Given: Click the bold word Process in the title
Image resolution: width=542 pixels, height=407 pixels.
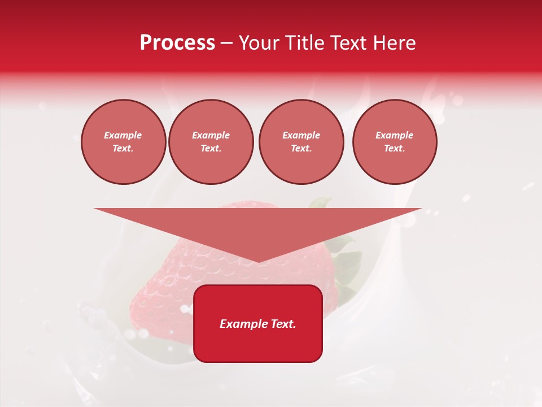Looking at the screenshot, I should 177,43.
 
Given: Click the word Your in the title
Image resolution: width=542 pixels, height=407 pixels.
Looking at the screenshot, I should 257,43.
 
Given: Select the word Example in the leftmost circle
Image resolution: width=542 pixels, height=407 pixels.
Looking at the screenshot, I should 123,135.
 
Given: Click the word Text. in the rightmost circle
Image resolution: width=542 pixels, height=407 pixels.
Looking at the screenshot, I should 395,148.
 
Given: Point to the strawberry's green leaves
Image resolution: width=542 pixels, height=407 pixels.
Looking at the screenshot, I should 346,266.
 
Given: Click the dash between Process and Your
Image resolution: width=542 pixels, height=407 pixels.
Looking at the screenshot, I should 226,43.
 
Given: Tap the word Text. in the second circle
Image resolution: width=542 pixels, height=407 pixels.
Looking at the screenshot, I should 211,148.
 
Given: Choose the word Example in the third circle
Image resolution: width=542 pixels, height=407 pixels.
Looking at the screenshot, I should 301,135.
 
